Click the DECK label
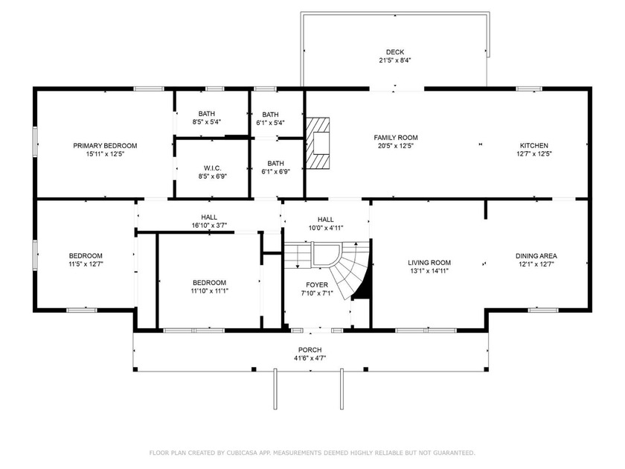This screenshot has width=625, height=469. (x=395, y=51)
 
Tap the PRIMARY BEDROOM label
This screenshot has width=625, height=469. (x=105, y=146)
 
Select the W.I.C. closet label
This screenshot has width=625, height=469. (x=211, y=167)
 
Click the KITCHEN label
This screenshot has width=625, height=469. (x=533, y=146)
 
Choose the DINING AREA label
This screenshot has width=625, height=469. (x=536, y=256)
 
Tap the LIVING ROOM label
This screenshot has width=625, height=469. (x=429, y=262)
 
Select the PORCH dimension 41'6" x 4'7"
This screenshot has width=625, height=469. (x=310, y=358)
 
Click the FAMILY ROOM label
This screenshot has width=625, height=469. (x=395, y=138)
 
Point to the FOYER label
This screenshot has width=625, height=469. (x=316, y=285)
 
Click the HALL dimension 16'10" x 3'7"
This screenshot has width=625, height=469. (x=209, y=225)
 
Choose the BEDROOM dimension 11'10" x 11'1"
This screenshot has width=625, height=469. (x=209, y=291)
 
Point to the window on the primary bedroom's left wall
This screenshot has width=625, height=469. (x=35, y=142)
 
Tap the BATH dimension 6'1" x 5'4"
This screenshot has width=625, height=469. (x=270, y=123)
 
